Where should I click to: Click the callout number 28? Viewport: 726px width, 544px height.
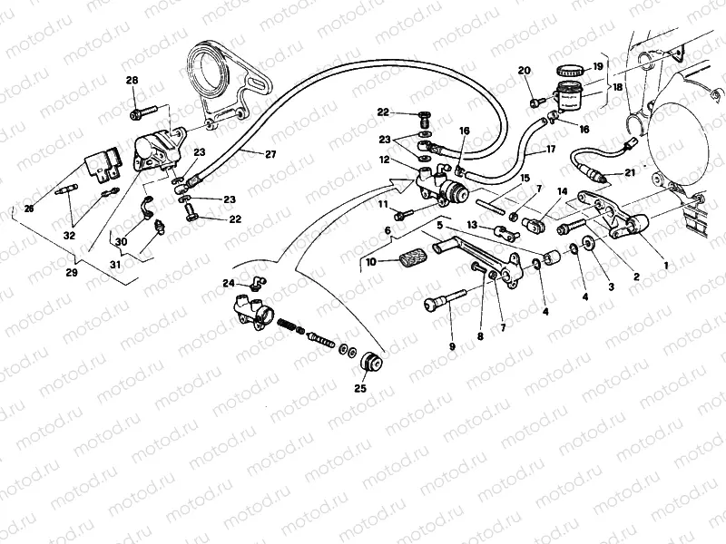tap(132, 82)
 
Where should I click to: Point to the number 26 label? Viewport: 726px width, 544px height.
tap(29, 209)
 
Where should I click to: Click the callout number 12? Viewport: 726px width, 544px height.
tap(385, 160)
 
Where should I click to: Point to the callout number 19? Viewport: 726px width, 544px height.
tap(598, 66)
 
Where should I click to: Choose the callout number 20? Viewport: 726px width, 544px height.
tap(524, 71)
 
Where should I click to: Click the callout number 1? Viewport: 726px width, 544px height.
tap(668, 266)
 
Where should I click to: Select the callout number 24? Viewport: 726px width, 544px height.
tap(229, 283)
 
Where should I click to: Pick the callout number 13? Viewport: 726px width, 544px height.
tap(472, 224)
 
